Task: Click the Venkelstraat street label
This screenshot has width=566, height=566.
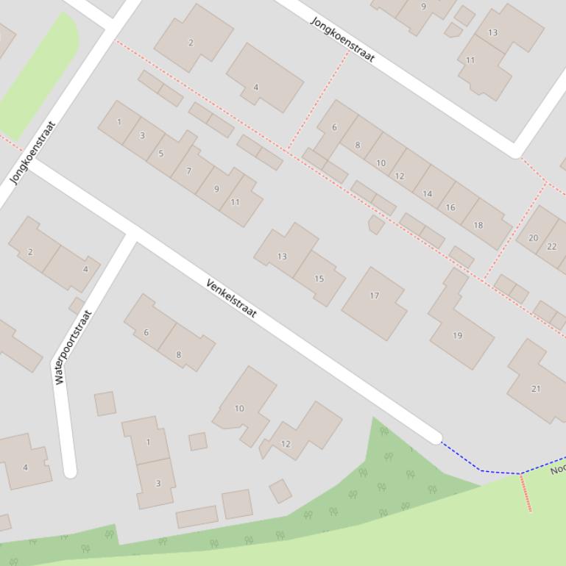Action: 231,298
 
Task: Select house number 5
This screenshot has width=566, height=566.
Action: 161,153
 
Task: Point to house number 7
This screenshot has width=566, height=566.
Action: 189,171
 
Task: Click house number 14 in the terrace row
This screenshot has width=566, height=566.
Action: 427,194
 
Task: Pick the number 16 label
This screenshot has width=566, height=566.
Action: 450,207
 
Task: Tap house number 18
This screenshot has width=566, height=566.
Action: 478,225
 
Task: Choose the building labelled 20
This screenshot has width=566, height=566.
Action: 533,237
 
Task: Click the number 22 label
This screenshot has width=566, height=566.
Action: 552,246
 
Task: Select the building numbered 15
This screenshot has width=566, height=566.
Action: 319,279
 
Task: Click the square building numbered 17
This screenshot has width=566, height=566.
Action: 374,296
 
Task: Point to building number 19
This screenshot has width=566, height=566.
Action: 458,335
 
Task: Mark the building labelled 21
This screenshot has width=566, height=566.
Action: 536,388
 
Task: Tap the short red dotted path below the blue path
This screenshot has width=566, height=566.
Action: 526,492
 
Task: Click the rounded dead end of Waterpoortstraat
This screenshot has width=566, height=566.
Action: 69,471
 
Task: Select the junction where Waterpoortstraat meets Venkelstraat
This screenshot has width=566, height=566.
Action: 133,236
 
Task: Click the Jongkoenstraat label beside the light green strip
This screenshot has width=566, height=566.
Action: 33,152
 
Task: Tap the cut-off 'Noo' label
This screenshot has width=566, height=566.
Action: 558,468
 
